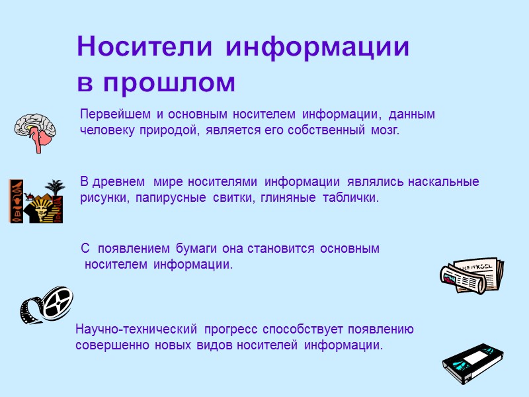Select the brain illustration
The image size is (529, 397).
pos(38,130)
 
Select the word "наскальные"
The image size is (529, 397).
pos(443,181)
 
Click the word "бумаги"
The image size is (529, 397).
pos(199,249)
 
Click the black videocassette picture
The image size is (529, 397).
pos(471,364)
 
